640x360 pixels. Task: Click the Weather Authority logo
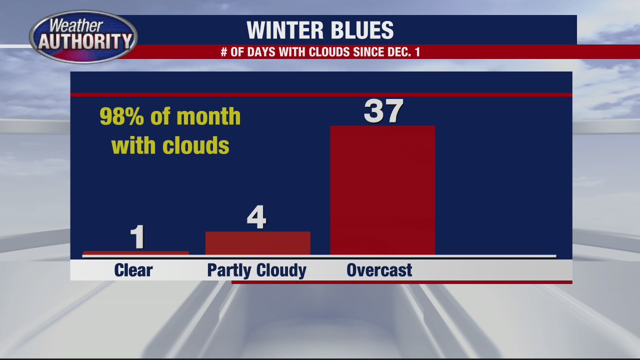[x=83, y=36]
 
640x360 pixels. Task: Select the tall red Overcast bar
[x=382, y=190]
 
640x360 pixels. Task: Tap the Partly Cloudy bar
[x=257, y=243]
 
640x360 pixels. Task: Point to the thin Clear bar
[x=136, y=253]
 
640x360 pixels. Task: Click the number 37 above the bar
[x=383, y=111]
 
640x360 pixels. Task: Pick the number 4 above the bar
[x=256, y=217]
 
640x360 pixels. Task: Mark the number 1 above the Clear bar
[x=137, y=237]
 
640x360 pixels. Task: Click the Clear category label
[x=133, y=270]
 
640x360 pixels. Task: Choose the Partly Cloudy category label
[x=256, y=270]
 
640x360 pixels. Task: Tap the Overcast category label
[x=379, y=270]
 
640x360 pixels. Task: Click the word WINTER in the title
[x=282, y=30]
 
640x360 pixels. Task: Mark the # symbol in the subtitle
[x=224, y=52]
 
